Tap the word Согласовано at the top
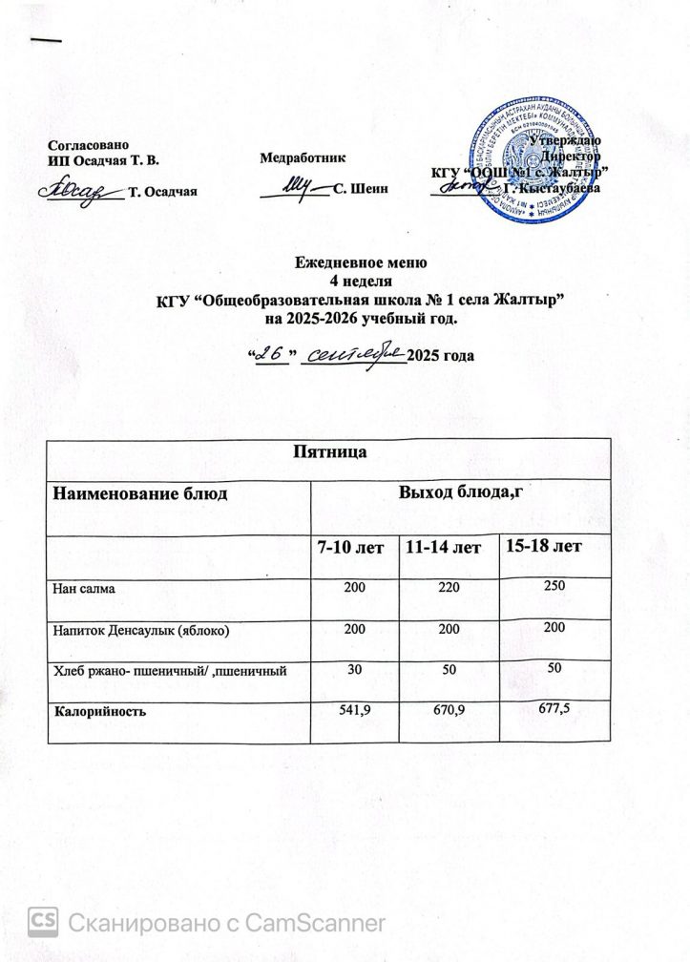85,144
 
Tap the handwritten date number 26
273,353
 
